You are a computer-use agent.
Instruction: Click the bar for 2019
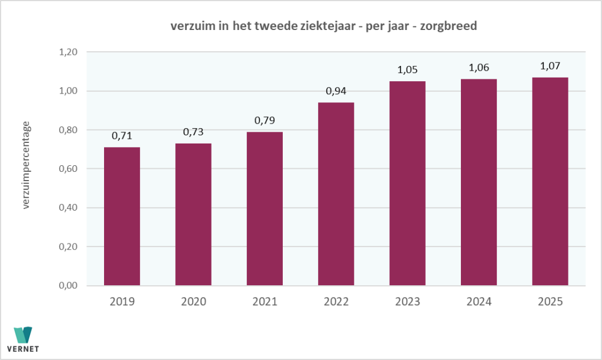coord(122,216)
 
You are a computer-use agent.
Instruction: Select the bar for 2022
coord(336,194)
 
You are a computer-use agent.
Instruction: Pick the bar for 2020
coord(193,214)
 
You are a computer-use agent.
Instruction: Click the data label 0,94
coord(336,92)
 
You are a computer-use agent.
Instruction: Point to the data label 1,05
coord(407,70)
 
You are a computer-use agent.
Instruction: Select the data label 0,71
coord(122,136)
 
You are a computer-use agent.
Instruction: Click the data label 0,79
coord(265,121)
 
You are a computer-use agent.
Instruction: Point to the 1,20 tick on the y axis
coord(68,52)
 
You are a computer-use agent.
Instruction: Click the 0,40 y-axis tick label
coord(68,208)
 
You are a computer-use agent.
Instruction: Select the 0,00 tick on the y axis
coord(68,286)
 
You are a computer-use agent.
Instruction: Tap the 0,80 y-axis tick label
coord(68,130)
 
